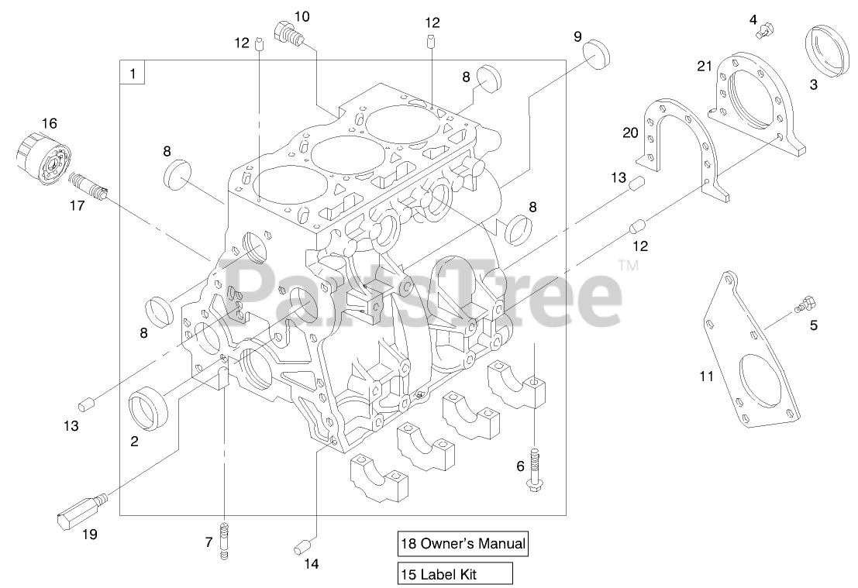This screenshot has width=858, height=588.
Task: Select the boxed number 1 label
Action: click(133, 74)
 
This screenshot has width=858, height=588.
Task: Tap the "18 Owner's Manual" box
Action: click(463, 544)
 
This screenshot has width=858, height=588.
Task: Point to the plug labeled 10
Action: click(288, 33)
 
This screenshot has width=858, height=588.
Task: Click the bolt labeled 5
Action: click(807, 303)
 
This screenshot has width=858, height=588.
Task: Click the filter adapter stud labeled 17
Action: click(88, 187)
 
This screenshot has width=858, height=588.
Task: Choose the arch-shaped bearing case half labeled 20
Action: click(678, 147)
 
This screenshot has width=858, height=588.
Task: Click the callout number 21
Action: click(704, 67)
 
